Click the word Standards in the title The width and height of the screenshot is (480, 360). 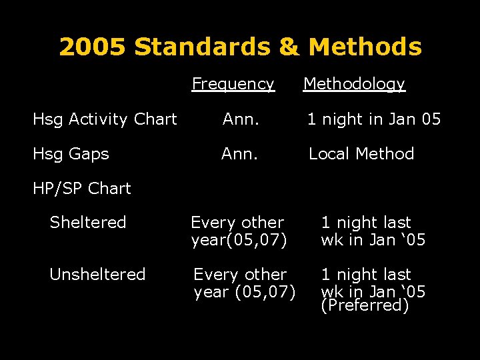click(x=202, y=47)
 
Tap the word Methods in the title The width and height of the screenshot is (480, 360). click(x=365, y=47)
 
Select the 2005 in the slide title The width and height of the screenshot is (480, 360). click(x=93, y=47)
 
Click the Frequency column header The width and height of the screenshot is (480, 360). click(x=233, y=84)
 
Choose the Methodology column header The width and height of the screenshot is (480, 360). click(x=354, y=84)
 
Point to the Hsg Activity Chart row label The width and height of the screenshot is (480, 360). click(x=105, y=119)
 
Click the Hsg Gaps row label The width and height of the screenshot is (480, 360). click(x=71, y=154)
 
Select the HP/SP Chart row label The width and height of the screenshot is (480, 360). click(x=82, y=189)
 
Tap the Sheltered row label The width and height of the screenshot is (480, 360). click(x=88, y=223)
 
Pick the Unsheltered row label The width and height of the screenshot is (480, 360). click(x=97, y=275)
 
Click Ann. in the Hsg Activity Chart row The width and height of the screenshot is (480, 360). click(x=241, y=119)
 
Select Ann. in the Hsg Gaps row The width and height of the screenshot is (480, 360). click(x=241, y=154)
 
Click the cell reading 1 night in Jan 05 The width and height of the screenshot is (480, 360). click(x=373, y=119)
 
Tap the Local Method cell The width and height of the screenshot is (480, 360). click(x=361, y=154)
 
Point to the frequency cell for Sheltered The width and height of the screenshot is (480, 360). click(x=239, y=231)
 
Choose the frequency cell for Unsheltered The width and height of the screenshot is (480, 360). click(x=245, y=283)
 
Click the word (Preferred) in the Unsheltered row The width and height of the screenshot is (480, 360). click(x=364, y=306)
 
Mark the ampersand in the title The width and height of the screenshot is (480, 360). click(x=288, y=47)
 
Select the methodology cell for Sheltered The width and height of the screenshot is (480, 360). click(x=373, y=231)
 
